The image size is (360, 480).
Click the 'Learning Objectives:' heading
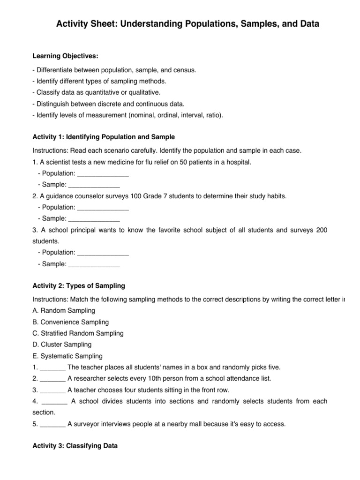tap(65, 56)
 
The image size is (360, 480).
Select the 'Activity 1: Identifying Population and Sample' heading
tap(104, 137)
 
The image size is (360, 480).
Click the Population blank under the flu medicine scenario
tap(102, 173)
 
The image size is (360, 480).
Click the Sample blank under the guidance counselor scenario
tap(94, 218)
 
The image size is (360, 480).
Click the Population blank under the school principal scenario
tap(102, 253)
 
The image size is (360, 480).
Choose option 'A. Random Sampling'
tap(64, 310)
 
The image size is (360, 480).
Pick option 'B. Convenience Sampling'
tap(70, 322)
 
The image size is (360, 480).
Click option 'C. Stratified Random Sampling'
tap(78, 333)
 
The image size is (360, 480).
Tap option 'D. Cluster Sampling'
tap(62, 345)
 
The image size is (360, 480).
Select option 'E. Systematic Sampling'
tap(67, 356)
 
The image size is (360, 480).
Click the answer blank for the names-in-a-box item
tap(53, 367)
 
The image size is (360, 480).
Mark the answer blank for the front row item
tap(53, 390)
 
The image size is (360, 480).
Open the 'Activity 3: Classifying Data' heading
tap(75, 447)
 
